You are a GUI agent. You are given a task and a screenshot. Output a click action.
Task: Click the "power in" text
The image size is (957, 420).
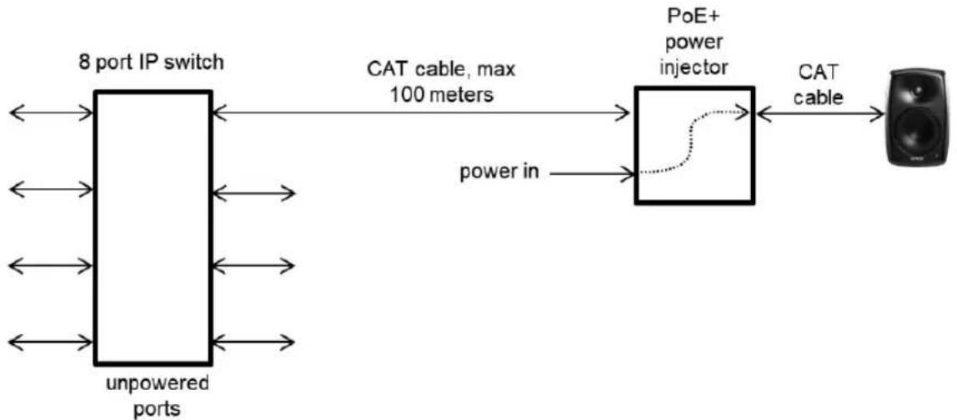pos(499,172)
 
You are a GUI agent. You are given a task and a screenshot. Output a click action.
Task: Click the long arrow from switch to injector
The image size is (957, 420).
pos(421,113)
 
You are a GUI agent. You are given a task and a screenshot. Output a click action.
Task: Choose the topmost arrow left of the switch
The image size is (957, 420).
pos(52,113)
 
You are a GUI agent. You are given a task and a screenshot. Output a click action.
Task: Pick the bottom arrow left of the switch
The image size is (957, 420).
pos(52,342)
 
